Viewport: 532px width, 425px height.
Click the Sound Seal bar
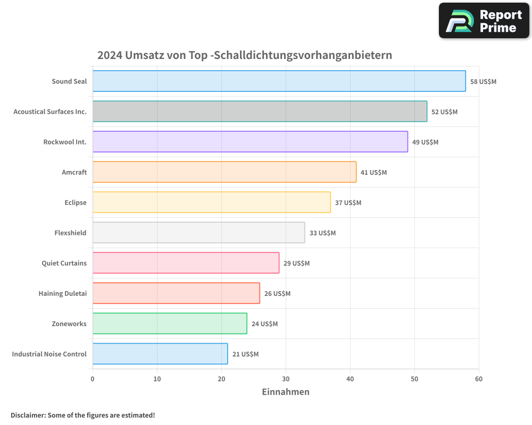coord(279,81)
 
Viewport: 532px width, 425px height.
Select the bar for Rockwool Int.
coord(250,142)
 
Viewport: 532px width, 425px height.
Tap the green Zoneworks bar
coord(170,324)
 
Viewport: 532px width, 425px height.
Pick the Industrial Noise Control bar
coord(160,354)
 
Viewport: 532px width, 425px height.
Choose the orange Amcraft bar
coord(225,172)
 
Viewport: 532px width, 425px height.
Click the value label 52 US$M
coord(444,112)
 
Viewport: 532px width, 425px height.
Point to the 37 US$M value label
coord(348,203)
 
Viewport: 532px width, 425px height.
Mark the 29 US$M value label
coord(296,263)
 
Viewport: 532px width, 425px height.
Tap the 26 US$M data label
coord(277,294)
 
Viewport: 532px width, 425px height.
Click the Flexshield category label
coord(70,233)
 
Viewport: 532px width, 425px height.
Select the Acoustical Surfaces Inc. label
coord(50,112)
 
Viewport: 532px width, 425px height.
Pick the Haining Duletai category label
coord(62,294)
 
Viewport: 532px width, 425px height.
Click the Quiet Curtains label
coord(64,263)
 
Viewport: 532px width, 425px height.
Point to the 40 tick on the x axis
coord(350,379)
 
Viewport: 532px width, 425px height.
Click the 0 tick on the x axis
coord(93,379)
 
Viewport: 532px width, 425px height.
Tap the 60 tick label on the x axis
coord(479,379)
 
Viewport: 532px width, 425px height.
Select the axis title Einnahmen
coord(286,392)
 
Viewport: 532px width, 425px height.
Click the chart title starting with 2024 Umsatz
coord(245,55)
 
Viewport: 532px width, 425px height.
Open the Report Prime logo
coord(484,21)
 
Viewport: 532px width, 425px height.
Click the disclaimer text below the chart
coord(83,415)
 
